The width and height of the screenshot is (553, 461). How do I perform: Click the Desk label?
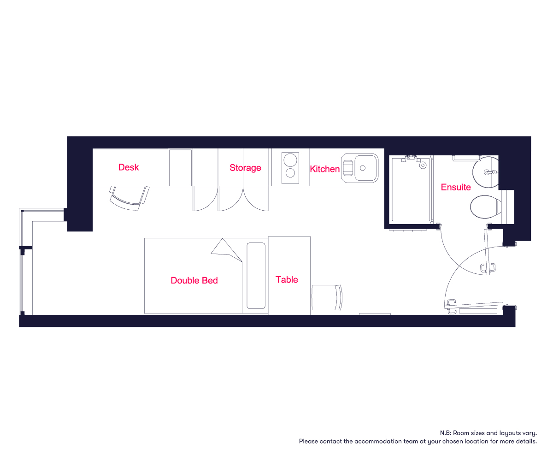point(129,167)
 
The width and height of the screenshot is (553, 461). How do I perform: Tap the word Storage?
point(245,168)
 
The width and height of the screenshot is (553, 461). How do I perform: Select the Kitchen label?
point(325,169)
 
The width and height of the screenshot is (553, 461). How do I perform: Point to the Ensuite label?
point(456,187)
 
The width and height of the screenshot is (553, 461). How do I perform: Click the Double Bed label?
point(194,280)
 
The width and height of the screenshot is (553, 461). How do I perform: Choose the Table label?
point(287,279)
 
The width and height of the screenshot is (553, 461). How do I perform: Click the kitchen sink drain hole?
point(363,168)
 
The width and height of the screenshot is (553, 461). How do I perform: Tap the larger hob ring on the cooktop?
point(290,160)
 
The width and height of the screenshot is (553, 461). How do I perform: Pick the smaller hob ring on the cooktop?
point(290,173)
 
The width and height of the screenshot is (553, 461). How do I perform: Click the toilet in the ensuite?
point(485,207)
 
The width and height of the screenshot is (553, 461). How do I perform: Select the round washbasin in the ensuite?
point(485,172)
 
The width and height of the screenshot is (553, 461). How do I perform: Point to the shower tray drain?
point(423,165)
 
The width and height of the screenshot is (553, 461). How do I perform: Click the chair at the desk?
point(129,198)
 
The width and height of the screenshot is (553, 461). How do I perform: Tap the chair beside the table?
point(327,297)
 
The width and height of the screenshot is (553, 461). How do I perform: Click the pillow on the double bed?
point(256,276)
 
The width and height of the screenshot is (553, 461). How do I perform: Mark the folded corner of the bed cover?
point(226,250)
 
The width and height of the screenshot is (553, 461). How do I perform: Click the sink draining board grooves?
point(348,168)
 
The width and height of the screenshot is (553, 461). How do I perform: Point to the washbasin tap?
point(491,172)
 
